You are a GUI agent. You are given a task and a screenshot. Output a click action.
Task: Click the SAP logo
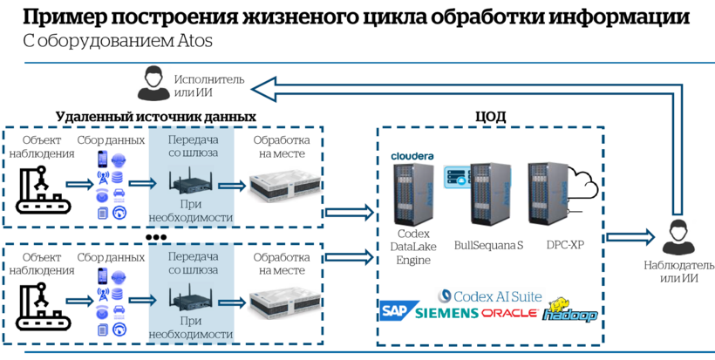click(396, 311)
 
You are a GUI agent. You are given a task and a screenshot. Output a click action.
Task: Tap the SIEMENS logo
click(447, 313)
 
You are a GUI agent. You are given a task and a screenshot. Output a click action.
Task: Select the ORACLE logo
click(509, 313)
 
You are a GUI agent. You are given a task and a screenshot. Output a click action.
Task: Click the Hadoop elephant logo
click(569, 311)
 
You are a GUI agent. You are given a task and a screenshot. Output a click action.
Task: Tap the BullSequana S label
click(488, 245)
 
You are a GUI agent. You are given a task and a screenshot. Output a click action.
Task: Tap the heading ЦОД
click(490, 116)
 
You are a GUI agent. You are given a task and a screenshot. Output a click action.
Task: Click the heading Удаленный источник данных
click(155, 116)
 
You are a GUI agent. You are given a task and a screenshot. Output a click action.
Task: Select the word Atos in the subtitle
click(194, 41)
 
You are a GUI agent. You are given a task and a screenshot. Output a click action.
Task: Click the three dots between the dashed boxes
click(156, 236)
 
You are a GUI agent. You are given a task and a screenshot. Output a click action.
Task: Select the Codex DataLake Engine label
click(413, 248)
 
